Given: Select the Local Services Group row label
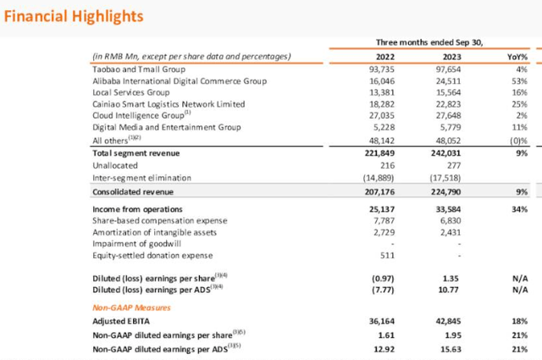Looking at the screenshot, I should tap(131, 92).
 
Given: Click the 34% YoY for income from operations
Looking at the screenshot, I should tap(520, 208).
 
